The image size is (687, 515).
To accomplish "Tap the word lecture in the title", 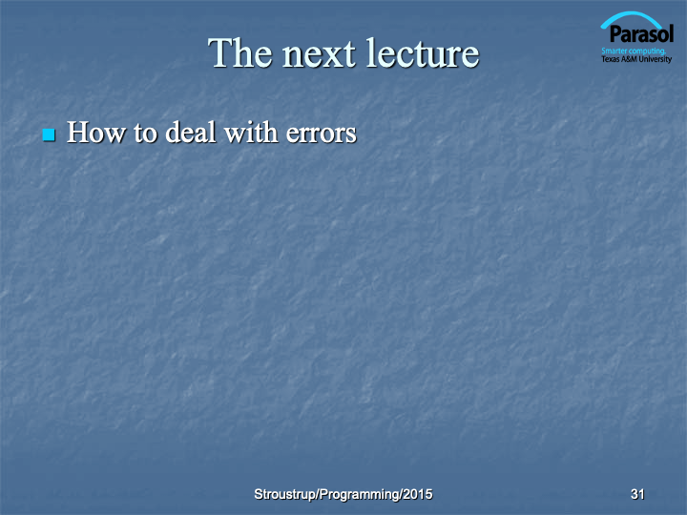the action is coord(423,53).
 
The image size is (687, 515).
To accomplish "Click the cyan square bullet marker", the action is coord(49,134).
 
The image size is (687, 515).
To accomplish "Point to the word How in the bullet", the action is coord(96,133).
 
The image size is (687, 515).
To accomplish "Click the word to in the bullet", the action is coord(145,134).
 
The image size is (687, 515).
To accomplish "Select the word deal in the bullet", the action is coord(191,133).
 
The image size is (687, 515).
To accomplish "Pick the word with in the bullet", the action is coord(251,133).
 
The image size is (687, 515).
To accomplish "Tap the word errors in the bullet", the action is coord(322,134).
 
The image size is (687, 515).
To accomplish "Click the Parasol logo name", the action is coord(641,34).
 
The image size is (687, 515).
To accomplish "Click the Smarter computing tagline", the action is coord(634,51).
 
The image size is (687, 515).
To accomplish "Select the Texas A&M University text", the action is coord(636,59).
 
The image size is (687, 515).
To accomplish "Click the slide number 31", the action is coord(637,494).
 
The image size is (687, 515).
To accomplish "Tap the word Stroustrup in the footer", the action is coord(285,494).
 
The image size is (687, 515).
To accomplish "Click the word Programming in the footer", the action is coord(360,495).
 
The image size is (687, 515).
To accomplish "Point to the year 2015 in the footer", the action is coord(418,494).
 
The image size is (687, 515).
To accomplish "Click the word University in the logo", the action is coord(655,59).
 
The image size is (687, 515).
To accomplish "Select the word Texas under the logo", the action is coord(611,59).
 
